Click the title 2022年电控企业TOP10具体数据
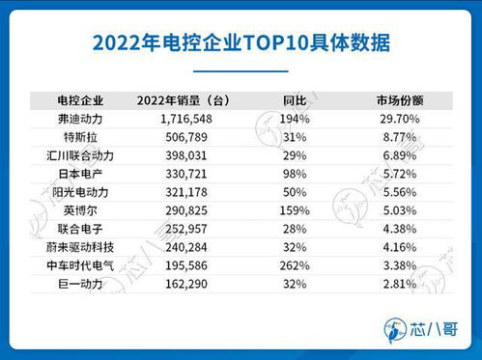[241, 43]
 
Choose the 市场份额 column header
[400, 99]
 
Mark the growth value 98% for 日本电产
[294, 173]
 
